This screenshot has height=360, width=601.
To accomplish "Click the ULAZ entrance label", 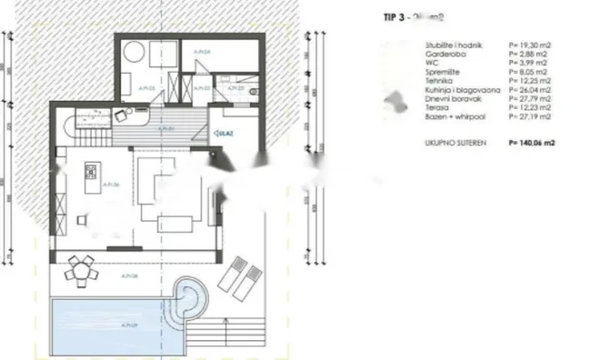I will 220,135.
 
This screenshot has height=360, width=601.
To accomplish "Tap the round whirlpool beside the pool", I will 191,297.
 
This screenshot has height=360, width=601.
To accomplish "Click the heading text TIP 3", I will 392,15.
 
